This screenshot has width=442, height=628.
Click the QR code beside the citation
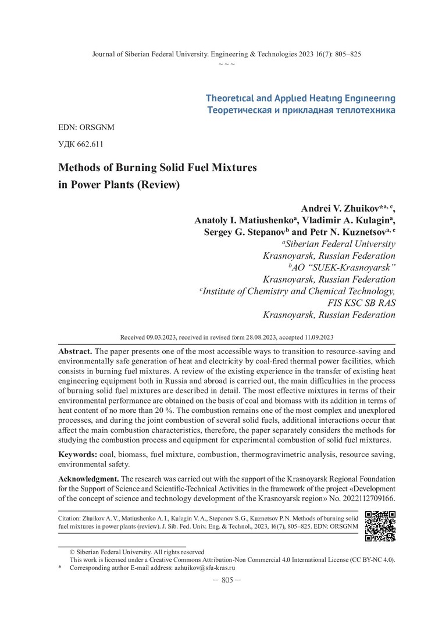click(380, 526)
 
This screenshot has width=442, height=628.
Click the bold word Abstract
click(75, 352)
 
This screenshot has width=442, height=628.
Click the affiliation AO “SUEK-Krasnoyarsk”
click(345, 267)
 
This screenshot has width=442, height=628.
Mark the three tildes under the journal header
click(227, 63)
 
